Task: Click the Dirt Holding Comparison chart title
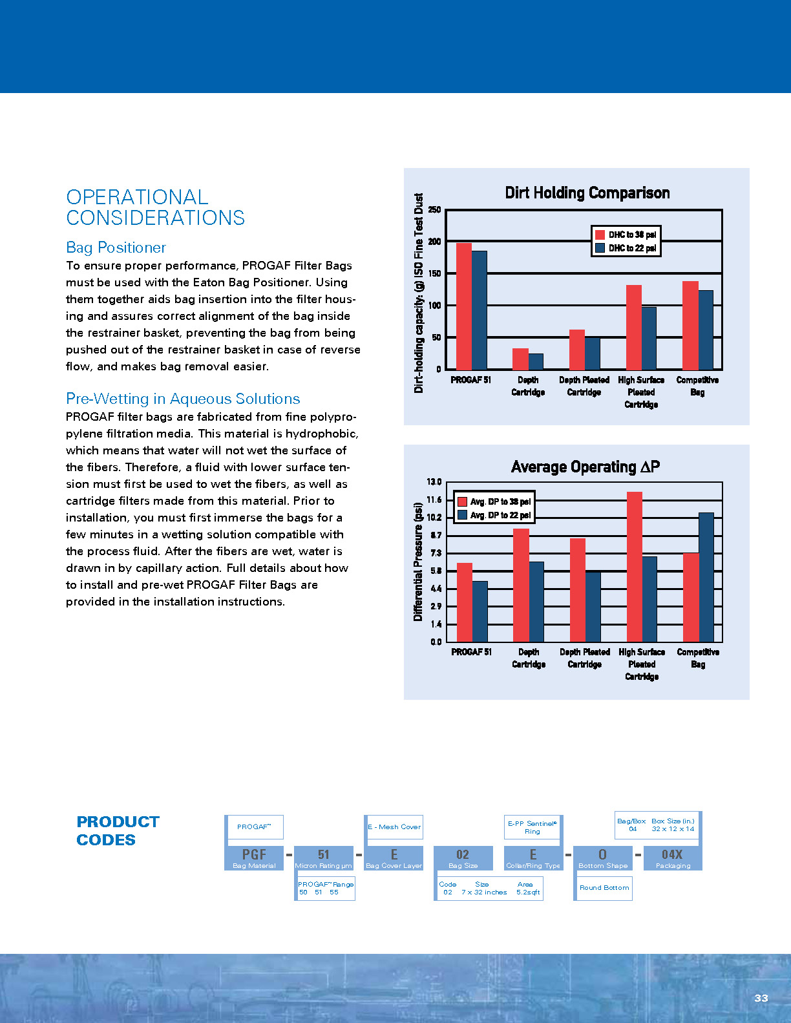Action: pos(587,193)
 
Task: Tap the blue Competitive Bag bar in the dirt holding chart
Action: pos(706,330)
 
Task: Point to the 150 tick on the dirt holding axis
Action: pos(434,273)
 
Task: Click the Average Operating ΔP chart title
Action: pos(585,467)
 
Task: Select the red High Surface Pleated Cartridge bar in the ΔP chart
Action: pos(634,567)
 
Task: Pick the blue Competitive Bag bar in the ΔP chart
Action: pos(706,577)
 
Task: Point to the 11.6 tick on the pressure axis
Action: pos(434,500)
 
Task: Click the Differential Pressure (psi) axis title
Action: pos(418,562)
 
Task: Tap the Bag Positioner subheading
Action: pos(116,248)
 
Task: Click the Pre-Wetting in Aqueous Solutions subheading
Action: pos(183,399)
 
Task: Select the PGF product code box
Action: pos(254,858)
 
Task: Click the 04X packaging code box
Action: pos(672,858)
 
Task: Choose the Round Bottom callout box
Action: pos(604,888)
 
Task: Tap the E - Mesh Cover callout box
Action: pos(394,827)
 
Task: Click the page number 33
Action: pos(761,998)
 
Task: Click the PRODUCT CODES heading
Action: pos(117,830)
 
